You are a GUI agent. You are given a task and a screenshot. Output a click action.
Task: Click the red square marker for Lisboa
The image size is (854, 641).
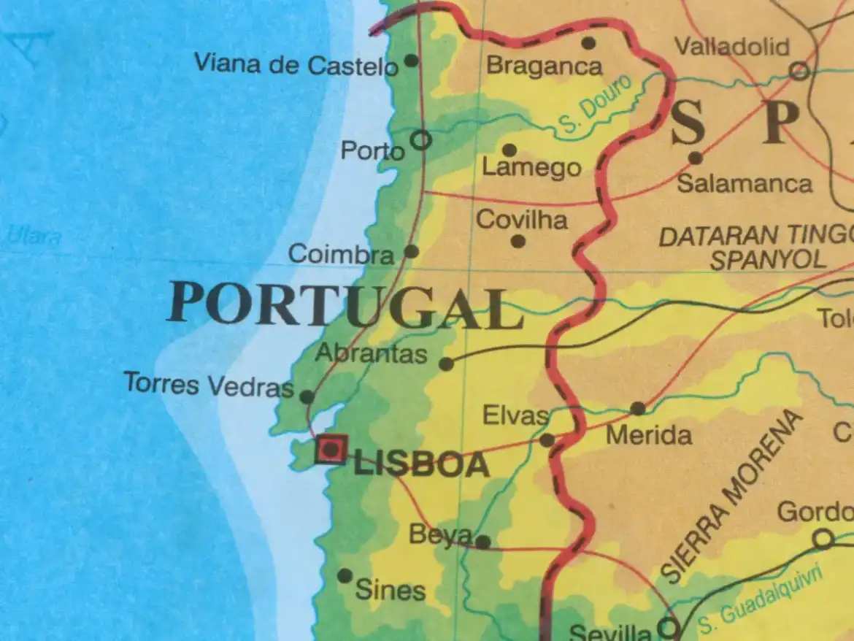[x=331, y=449]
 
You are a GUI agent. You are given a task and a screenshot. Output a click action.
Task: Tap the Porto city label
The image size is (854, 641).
[x=372, y=151]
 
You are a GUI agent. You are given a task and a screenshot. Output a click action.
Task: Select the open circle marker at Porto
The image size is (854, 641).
[x=421, y=139]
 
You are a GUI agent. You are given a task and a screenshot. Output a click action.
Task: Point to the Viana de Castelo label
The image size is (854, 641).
[x=296, y=65]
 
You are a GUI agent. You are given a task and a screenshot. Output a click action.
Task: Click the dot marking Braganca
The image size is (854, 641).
[x=588, y=43]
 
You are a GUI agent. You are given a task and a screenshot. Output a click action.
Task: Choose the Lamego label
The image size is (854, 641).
[x=531, y=169]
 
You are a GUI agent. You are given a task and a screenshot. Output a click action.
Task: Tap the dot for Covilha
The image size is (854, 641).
[x=518, y=241]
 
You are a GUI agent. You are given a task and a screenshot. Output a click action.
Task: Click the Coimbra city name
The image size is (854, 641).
[x=341, y=254]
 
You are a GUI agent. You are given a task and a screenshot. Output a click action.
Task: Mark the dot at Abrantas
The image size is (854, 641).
[x=446, y=364]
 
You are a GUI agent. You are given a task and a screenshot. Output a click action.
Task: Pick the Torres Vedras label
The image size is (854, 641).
[x=208, y=384]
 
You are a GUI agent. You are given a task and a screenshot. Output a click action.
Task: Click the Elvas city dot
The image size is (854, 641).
[x=547, y=440]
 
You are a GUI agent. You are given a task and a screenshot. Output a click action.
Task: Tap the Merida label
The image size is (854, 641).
[x=649, y=436]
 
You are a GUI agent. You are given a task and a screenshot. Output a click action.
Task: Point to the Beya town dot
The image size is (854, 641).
[x=482, y=542]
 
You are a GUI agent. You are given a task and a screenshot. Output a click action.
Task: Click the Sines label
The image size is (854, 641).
[x=390, y=590]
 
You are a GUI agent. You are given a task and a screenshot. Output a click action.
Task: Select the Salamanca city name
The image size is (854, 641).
[x=744, y=183]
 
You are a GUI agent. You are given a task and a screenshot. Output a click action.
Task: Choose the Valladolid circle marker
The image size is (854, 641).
[x=799, y=71]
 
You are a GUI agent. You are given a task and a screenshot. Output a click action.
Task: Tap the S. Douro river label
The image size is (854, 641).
[x=596, y=107]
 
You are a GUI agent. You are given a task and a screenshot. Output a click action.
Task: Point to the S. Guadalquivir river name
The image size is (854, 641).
[x=759, y=599]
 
